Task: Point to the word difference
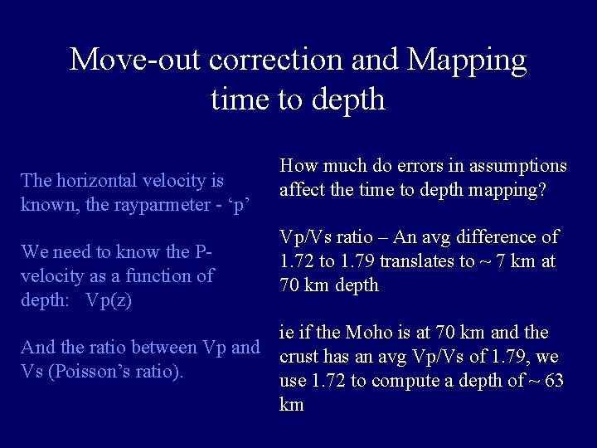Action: click(495, 238)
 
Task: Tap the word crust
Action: click(300, 358)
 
